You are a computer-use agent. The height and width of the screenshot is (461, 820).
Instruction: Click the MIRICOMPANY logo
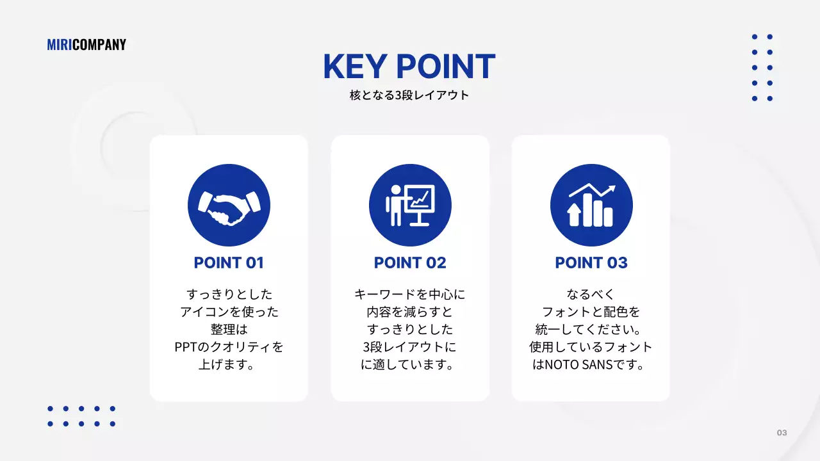[x=86, y=45]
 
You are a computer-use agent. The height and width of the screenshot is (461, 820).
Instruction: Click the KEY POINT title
[x=409, y=67]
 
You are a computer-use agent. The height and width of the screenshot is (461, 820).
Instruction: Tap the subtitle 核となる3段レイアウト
[x=409, y=95]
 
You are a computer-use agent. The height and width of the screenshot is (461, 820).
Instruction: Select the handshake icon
[x=229, y=206]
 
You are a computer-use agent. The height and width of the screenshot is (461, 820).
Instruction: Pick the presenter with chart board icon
[x=410, y=206]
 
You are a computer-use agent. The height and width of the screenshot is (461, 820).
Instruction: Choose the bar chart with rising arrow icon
[x=591, y=206]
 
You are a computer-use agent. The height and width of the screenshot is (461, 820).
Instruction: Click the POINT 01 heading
[x=229, y=263]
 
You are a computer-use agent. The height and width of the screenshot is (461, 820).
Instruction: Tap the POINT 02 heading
[x=410, y=263]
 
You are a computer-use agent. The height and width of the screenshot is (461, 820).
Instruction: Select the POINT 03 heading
[x=591, y=263]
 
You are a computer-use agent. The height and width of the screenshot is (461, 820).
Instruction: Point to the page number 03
[x=782, y=433]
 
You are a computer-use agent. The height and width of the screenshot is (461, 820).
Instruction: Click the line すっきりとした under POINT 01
[x=229, y=295]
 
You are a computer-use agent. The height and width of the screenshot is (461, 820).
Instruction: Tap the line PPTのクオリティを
[x=229, y=347]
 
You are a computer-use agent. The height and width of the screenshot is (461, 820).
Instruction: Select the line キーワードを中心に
[x=410, y=295]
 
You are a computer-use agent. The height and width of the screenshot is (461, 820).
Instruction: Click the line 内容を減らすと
[x=410, y=312]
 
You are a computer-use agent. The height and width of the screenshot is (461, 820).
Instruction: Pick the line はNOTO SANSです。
[x=591, y=365]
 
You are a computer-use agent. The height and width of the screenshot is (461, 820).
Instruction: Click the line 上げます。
[x=229, y=365]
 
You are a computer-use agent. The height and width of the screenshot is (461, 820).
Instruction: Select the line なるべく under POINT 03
[x=591, y=295]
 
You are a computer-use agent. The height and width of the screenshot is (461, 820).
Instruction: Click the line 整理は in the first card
[x=229, y=330]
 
